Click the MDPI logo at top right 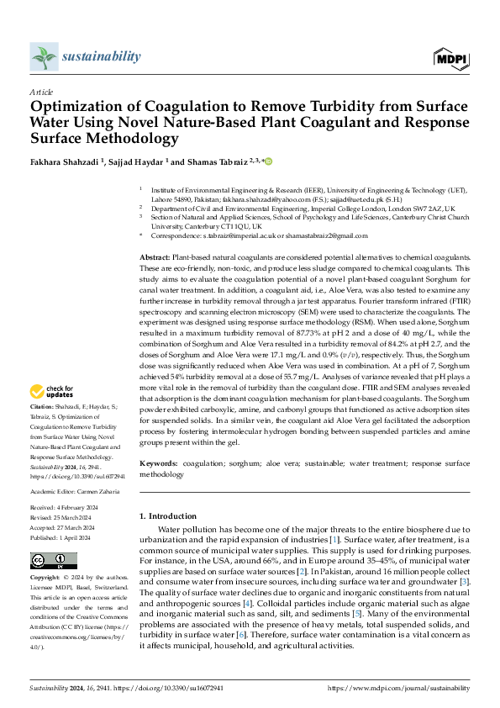(x=450, y=57)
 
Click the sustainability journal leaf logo (x=44, y=57)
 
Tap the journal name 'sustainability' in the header (x=101, y=56)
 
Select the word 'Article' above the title (x=41, y=92)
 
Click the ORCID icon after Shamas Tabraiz (x=270, y=161)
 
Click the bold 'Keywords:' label (x=159, y=463)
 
